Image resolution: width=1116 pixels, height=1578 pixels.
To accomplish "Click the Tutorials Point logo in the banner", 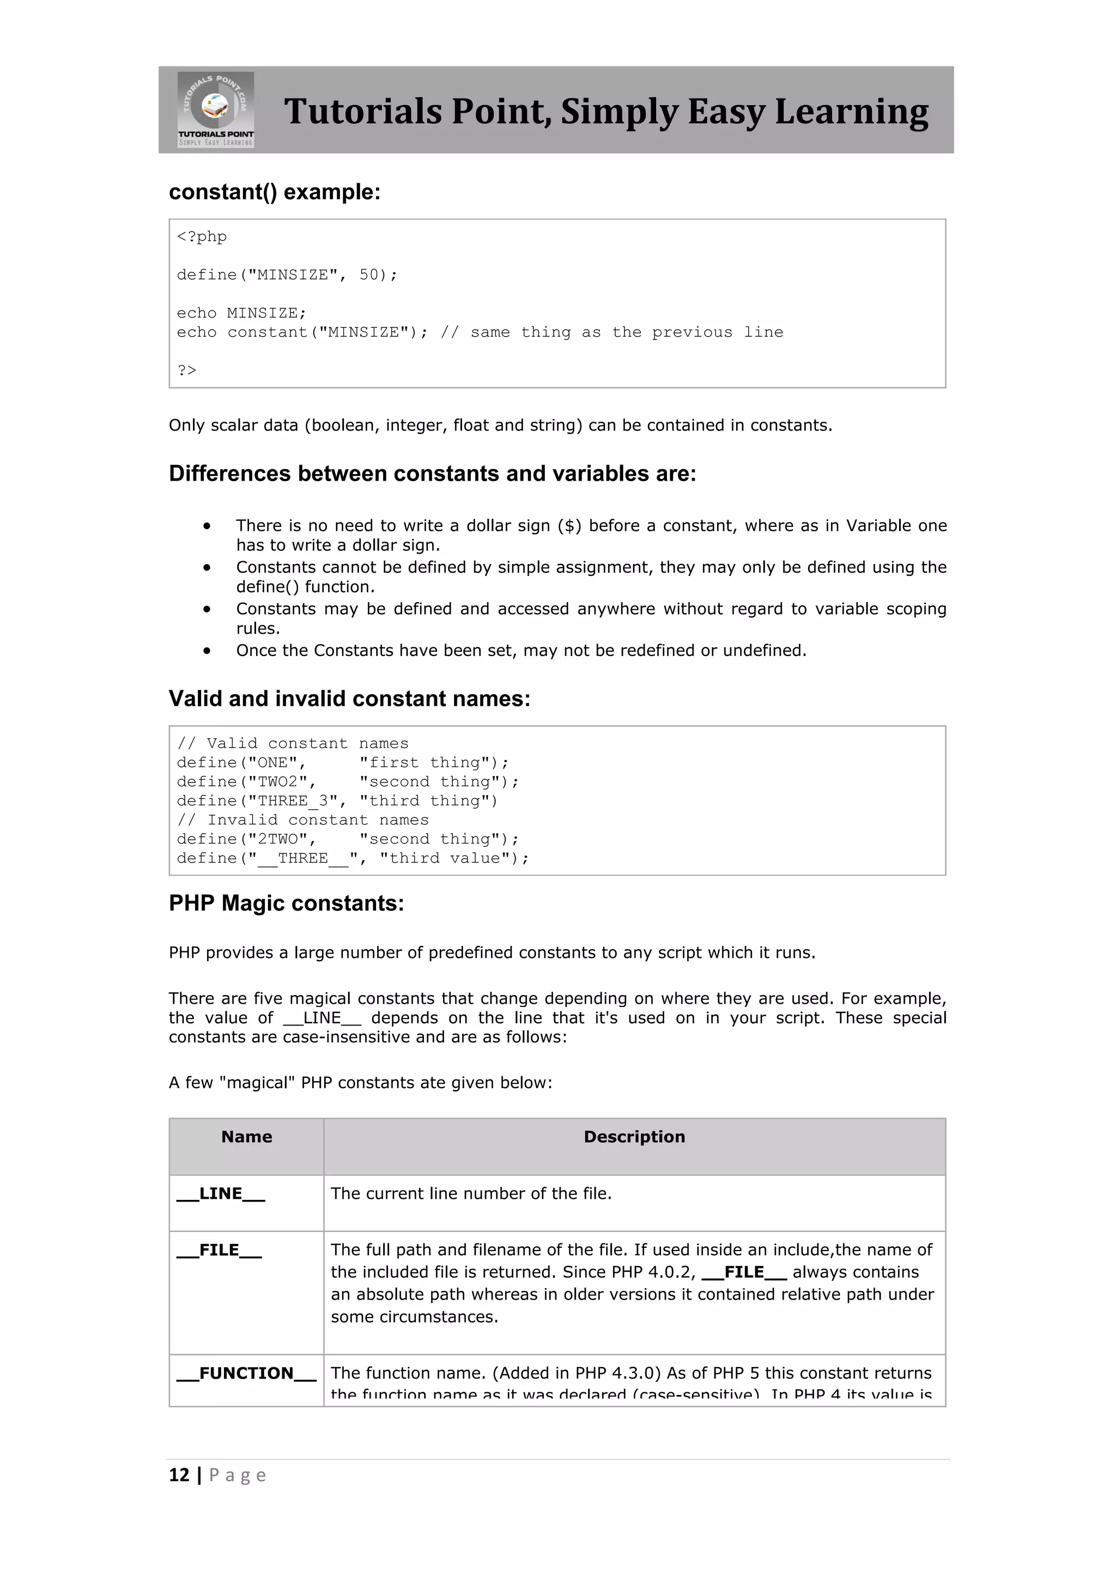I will pyautogui.click(x=216, y=110).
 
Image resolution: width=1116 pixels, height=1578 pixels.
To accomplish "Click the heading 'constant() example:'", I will pyautogui.click(x=274, y=192).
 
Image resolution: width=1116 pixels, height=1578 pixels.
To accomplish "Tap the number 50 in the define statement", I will pyautogui.click(x=369, y=275).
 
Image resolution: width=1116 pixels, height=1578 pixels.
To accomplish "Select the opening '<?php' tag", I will pyautogui.click(x=201, y=237).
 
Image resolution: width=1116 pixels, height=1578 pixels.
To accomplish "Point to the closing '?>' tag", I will pyautogui.click(x=186, y=371).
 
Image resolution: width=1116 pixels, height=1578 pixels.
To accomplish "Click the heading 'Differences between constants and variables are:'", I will pyautogui.click(x=432, y=474).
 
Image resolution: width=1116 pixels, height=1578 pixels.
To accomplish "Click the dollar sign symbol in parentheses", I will pyautogui.click(x=569, y=526).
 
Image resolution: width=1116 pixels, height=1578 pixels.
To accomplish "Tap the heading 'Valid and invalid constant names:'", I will pyautogui.click(x=349, y=699).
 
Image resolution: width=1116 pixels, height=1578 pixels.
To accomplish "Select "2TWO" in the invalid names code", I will pyautogui.click(x=277, y=839).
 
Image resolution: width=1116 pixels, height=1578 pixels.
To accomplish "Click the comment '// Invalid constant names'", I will pyautogui.click(x=302, y=820).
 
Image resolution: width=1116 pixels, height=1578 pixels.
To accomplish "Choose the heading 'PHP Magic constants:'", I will pyautogui.click(x=287, y=903).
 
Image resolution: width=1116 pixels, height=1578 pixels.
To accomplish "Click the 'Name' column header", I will pyautogui.click(x=247, y=1137).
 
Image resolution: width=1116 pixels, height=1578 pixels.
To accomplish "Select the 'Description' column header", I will pyautogui.click(x=634, y=1137).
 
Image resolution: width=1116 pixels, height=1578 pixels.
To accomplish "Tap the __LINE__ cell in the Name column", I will pyautogui.click(x=221, y=1194).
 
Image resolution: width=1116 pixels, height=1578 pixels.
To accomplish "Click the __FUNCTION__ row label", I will pyautogui.click(x=246, y=1373).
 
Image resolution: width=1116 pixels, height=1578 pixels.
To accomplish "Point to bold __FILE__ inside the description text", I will pyautogui.click(x=744, y=1272).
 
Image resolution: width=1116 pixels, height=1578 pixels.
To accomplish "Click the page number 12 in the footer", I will pyautogui.click(x=179, y=1475).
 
